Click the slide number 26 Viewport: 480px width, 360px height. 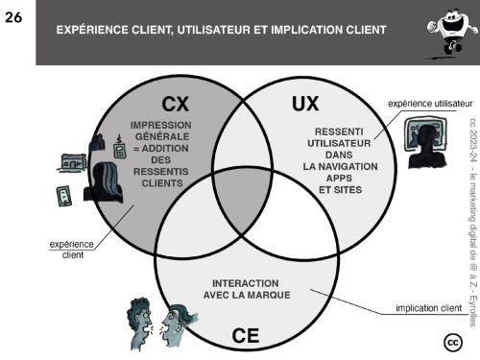point(13,17)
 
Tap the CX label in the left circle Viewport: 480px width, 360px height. point(175,104)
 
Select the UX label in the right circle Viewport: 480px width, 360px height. point(305,104)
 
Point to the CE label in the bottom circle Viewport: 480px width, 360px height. point(246,336)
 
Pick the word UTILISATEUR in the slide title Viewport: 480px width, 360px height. point(214,30)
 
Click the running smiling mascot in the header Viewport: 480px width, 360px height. point(451,34)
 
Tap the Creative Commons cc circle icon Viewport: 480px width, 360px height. point(453,343)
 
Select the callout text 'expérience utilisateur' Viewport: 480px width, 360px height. point(430,104)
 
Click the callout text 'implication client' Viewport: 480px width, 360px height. point(428,308)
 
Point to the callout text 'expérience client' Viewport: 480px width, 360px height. point(71,250)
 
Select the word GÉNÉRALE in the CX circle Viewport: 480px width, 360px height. point(162,136)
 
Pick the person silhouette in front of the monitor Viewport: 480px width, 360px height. point(426,147)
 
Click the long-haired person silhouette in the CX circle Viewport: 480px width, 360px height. point(104,182)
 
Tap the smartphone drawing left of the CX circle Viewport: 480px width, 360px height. point(64,196)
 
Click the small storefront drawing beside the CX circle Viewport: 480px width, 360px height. point(73,162)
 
